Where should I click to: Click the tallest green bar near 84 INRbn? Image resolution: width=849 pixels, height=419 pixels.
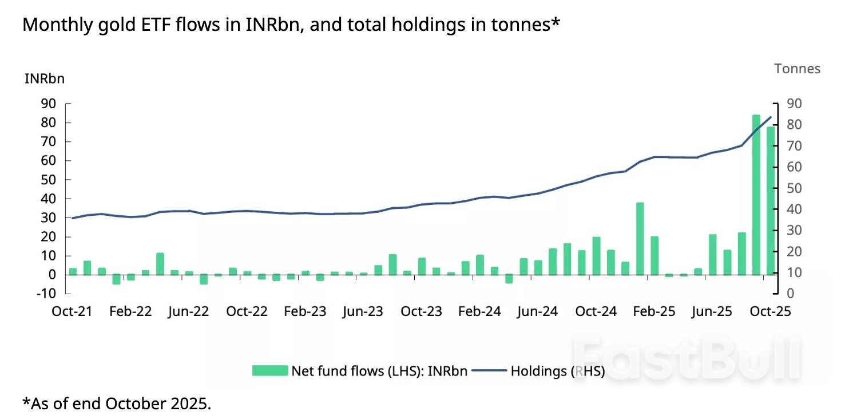click(x=756, y=195)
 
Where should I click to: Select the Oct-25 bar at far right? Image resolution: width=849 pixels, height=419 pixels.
click(x=771, y=200)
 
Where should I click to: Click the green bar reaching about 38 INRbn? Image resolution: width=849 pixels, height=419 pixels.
click(x=640, y=239)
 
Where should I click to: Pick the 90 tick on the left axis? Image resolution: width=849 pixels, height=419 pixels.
click(x=48, y=104)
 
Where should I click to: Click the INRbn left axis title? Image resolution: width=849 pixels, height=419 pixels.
click(x=45, y=79)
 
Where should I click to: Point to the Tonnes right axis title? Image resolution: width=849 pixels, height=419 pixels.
click(x=797, y=69)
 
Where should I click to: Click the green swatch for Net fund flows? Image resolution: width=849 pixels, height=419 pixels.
click(x=269, y=370)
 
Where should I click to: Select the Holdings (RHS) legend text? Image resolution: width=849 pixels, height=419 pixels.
click(x=557, y=370)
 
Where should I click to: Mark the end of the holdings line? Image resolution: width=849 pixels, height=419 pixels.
click(x=771, y=117)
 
